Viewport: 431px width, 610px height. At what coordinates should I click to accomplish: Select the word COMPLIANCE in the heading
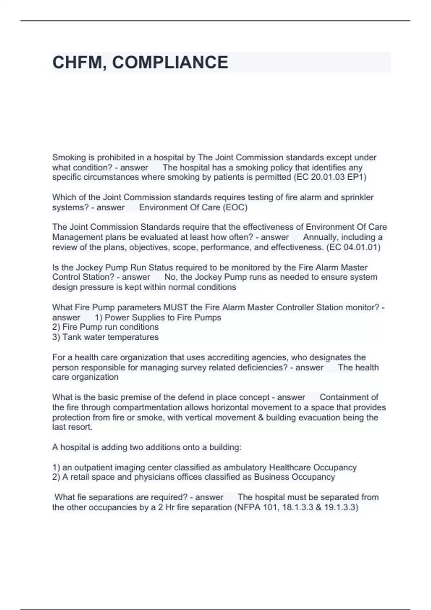coord(170,62)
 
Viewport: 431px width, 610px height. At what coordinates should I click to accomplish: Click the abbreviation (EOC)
coord(235,207)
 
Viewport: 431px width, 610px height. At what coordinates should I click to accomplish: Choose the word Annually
coord(320,237)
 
